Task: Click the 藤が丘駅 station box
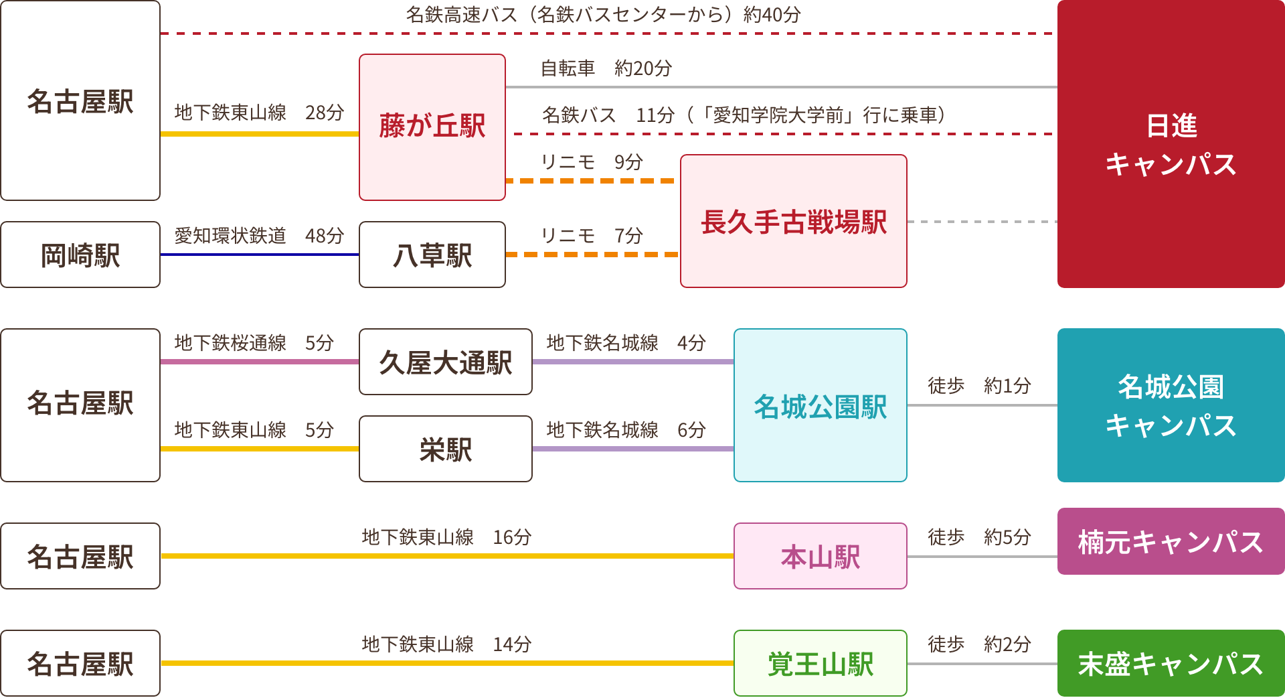tap(432, 127)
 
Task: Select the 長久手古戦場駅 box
tap(793, 222)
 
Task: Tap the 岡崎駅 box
tap(80, 255)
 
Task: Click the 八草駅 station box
tap(432, 255)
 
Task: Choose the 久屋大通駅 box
tap(445, 362)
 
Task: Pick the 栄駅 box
tap(445, 449)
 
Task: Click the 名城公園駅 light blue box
tap(820, 406)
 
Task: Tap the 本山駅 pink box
tap(820, 557)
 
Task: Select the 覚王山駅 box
tap(820, 664)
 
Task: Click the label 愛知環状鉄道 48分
tap(259, 236)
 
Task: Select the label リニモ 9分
tap(592, 162)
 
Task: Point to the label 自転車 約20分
tap(606, 68)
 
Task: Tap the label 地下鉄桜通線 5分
tap(254, 343)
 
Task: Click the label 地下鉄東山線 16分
tap(446, 537)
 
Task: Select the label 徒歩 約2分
tap(978, 644)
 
